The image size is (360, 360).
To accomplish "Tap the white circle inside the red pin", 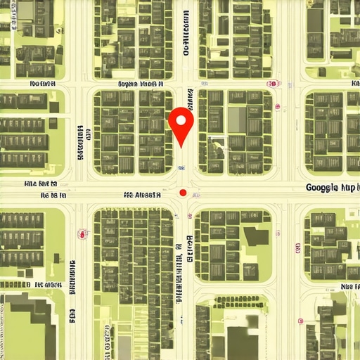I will click(181, 121).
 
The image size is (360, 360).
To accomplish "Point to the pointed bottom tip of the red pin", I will click(181, 147).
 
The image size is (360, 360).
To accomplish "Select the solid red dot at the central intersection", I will click(183, 193).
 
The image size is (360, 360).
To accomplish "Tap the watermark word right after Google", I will click(348, 188).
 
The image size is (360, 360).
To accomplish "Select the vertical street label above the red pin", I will click(186, 34).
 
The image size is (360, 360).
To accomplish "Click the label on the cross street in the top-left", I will click(41, 83).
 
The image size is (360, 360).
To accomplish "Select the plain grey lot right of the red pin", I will click(237, 120).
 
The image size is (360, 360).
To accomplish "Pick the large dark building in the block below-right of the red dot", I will click(255, 236).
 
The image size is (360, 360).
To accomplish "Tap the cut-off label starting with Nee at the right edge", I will click(349, 287).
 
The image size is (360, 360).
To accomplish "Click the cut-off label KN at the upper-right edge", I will click(354, 83).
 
